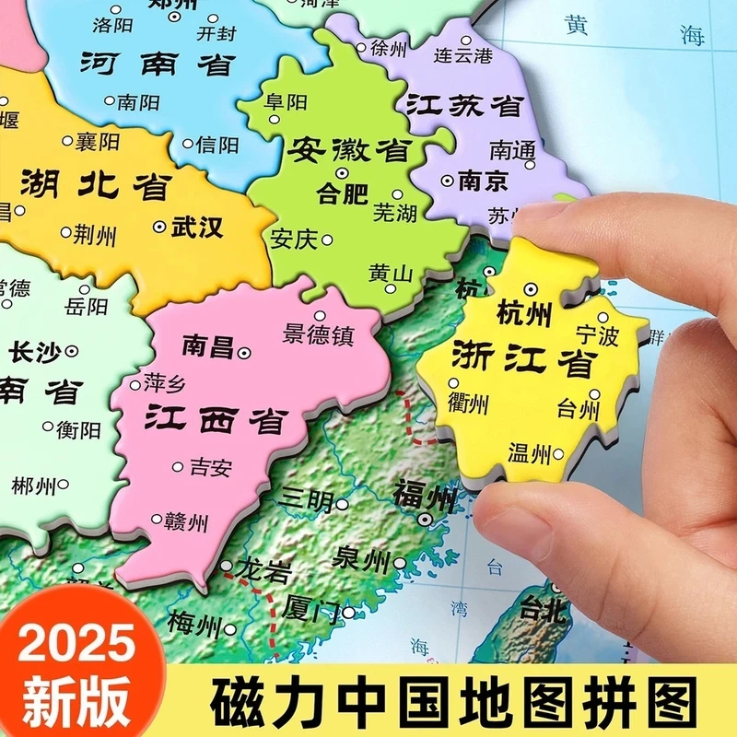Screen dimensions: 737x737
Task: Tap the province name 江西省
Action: pyautogui.click(x=215, y=419)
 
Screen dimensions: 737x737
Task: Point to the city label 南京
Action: pyautogui.click(x=483, y=181)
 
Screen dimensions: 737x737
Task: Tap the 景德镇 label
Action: pyautogui.click(x=319, y=335)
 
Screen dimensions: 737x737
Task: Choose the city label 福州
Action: pyautogui.click(x=426, y=497)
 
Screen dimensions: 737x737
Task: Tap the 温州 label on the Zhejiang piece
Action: pyautogui.click(x=529, y=452)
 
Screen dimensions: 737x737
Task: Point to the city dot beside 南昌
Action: pyautogui.click(x=244, y=352)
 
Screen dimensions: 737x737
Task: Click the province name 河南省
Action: pyautogui.click(x=158, y=64)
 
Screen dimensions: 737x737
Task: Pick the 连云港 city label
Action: pyautogui.click(x=464, y=55)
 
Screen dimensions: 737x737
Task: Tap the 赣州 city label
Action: pyautogui.click(x=185, y=522)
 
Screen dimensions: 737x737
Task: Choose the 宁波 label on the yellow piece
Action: pyautogui.click(x=597, y=335)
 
